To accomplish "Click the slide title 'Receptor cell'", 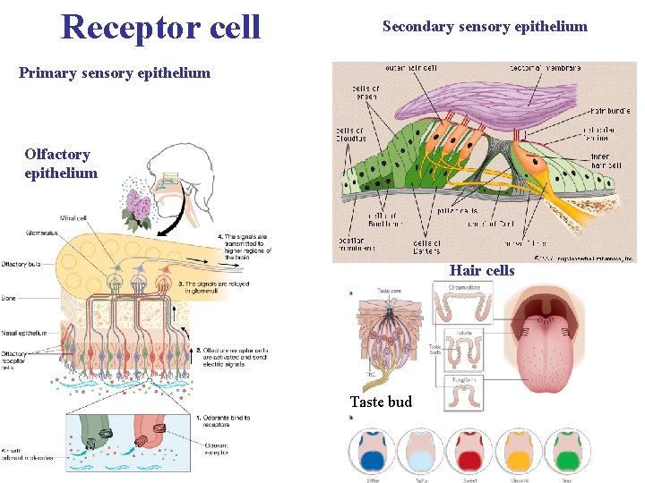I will pyautogui.click(x=160, y=28).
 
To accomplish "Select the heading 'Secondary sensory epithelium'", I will pyautogui.click(x=485, y=27).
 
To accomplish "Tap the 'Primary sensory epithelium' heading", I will pyautogui.click(x=115, y=73).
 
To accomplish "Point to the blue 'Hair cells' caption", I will pyautogui.click(x=482, y=270).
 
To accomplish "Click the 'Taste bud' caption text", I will pyautogui.click(x=381, y=402).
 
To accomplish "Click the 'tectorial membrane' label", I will pyautogui.click(x=546, y=68).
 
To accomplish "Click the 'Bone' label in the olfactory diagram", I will pyautogui.click(x=10, y=299).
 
